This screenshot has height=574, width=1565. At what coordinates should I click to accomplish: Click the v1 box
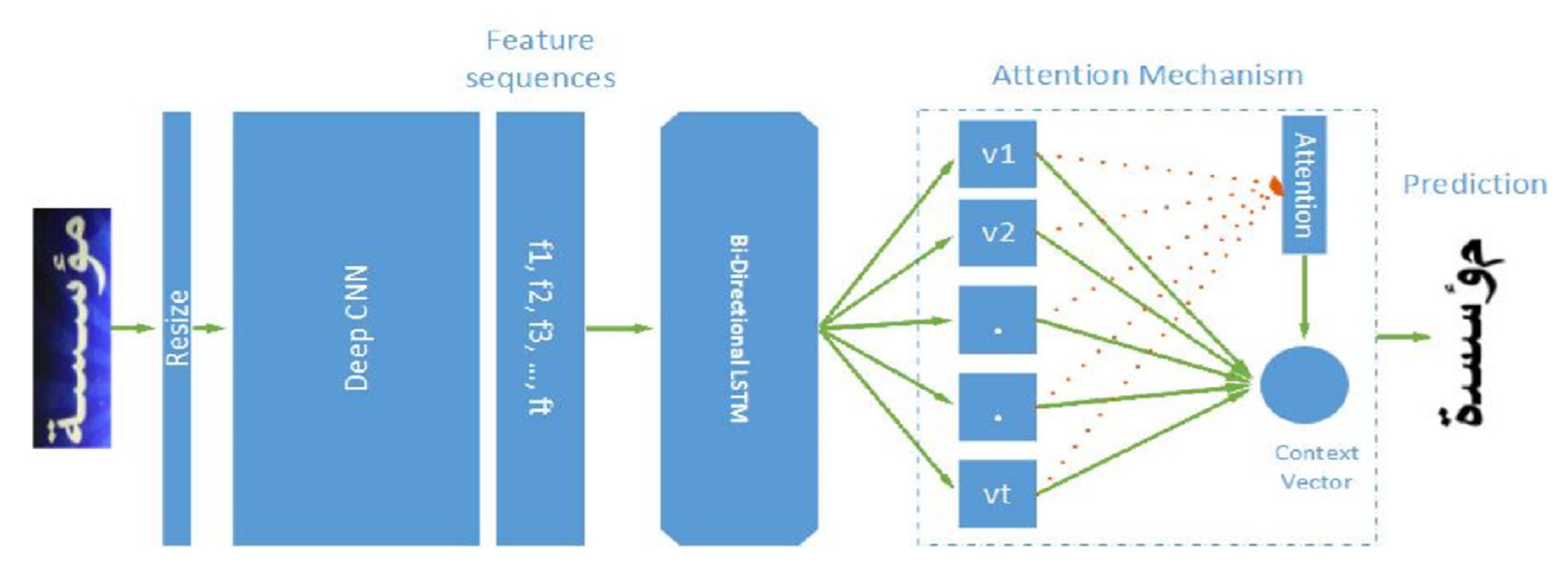click(x=997, y=154)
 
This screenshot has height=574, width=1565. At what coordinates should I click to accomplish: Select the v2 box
click(x=997, y=232)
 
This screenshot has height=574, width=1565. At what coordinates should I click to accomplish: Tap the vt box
click(x=997, y=494)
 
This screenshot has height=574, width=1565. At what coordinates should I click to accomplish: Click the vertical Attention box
click(x=1304, y=184)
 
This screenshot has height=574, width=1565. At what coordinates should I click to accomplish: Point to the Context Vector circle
click(x=1304, y=384)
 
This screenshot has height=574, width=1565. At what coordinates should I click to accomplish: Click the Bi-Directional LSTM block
click(x=739, y=329)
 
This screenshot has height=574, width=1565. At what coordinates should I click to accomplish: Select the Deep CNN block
click(x=356, y=329)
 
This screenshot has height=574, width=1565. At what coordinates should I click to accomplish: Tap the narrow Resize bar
click(x=177, y=329)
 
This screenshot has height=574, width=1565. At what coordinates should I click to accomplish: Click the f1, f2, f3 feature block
click(x=540, y=329)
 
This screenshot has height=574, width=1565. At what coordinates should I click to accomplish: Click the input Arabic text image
click(x=72, y=329)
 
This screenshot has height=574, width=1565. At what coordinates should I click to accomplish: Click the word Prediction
click(x=1475, y=184)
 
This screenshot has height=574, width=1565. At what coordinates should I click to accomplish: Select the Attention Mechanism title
click(x=1147, y=75)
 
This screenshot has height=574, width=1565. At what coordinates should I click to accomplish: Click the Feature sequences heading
click(x=540, y=59)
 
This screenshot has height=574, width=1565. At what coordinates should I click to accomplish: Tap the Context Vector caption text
click(x=1316, y=467)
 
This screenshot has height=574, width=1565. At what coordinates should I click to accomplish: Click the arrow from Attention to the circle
click(x=1304, y=298)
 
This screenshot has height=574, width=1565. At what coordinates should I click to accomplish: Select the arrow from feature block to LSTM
click(x=619, y=329)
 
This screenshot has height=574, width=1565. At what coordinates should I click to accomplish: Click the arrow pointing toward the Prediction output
click(x=1403, y=337)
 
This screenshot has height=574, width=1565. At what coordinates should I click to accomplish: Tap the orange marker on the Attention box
click(x=1276, y=185)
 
